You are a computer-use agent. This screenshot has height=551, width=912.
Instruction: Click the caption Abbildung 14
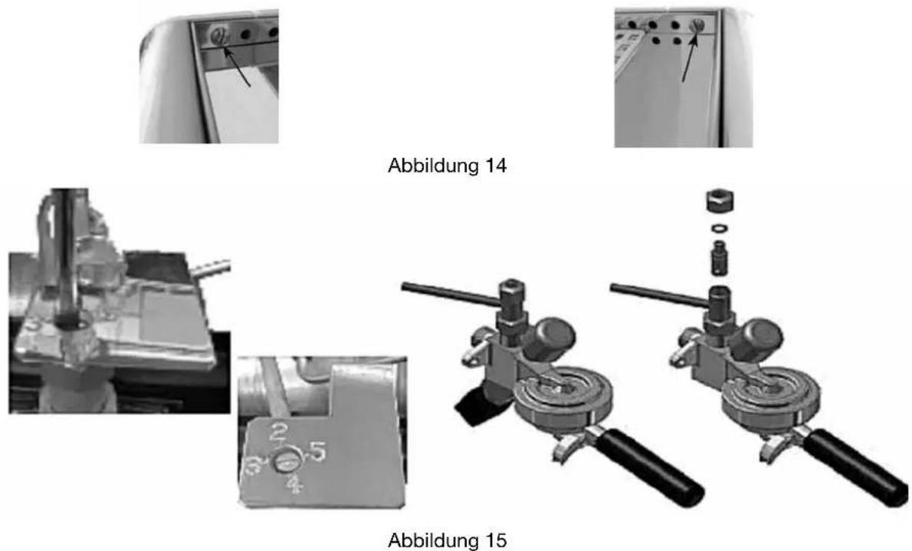pos(447,166)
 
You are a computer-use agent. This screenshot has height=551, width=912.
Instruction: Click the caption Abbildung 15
pos(447,540)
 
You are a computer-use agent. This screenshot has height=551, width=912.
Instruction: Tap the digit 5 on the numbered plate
pos(317,451)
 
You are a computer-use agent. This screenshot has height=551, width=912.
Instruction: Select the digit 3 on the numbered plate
pos(254,466)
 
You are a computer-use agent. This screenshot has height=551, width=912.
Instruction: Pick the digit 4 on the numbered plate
pos(296,484)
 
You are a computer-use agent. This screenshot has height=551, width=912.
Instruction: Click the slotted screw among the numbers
pos(286,463)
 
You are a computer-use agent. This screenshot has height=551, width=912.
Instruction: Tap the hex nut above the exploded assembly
pos(719,202)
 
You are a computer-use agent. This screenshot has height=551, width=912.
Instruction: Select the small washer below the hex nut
pos(719,228)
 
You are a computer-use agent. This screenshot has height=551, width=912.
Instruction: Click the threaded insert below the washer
pos(719,257)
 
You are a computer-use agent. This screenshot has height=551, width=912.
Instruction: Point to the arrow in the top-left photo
pos(238,68)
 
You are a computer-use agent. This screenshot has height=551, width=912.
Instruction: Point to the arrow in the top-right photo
pos(689,56)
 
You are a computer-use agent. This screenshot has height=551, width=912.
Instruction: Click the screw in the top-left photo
pos(218,36)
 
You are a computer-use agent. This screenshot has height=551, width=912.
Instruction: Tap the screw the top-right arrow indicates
pos(697,25)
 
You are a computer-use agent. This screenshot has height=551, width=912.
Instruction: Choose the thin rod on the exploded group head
pos(660,294)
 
